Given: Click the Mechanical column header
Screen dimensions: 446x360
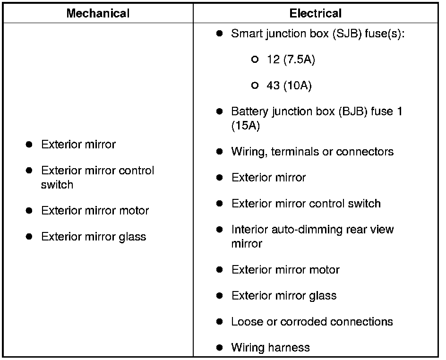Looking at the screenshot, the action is click(98, 13).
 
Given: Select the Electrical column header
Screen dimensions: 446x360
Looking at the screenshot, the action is click(315, 13).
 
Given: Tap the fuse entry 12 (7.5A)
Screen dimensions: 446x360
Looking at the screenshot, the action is click(291, 60).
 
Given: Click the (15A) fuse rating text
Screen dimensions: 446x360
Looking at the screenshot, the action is click(245, 126).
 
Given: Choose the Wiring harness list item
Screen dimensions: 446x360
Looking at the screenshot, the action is click(270, 348).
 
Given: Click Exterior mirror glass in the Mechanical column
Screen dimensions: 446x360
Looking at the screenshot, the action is click(94, 237).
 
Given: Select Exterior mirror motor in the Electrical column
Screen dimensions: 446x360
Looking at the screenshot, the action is click(285, 270).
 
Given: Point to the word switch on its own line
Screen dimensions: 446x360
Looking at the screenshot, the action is click(57, 185).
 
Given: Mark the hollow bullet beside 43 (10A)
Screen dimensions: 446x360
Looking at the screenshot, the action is click(255, 86).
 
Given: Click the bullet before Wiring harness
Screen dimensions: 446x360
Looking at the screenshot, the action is click(219, 348).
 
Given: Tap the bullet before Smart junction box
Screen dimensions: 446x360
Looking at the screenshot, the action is click(219, 34).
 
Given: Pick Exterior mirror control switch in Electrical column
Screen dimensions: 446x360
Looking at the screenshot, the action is click(306, 204).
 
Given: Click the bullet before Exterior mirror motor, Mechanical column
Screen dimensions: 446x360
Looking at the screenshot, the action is click(29, 211).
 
